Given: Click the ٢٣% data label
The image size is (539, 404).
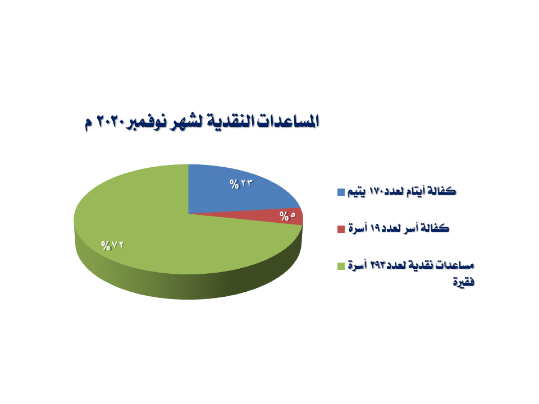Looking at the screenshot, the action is coord(241,184).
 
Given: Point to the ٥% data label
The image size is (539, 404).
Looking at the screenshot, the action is coord(287,216).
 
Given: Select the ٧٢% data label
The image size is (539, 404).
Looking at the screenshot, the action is coord(112,246).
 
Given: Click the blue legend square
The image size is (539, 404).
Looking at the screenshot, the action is coord(341,192).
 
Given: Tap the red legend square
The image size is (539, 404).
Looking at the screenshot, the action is coord(341,229).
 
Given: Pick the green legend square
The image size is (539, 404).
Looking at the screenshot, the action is coord(341,266).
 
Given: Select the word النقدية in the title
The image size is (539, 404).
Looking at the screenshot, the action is coord(229,121).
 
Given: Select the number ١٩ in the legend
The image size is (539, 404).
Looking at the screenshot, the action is coord(375,228).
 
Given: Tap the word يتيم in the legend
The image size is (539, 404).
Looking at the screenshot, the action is coord(357,192).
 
